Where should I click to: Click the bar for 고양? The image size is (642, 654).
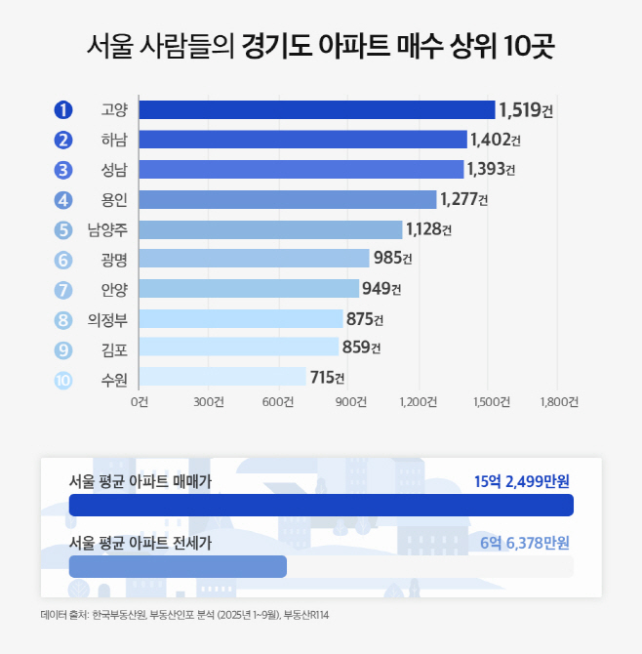point(317,110)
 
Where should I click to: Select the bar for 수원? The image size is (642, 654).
point(222,378)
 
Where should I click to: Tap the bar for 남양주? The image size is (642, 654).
point(270,229)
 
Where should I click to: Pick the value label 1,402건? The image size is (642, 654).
point(496,140)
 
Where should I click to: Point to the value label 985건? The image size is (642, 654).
point(393,259)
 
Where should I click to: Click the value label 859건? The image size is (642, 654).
point(361,347)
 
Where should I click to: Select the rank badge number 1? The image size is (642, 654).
point(64,110)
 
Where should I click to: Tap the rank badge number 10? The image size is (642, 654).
point(64,379)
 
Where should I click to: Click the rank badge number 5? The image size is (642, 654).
point(64,230)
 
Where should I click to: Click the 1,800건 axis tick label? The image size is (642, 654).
point(557,401)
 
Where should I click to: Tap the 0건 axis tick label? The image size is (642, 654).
point(140,401)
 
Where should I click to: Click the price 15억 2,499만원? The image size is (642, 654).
point(521,481)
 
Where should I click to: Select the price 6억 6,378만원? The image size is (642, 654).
point(525,543)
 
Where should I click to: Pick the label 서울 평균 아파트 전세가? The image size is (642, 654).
point(140,543)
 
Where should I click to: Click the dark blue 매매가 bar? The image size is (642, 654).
point(321,505)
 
